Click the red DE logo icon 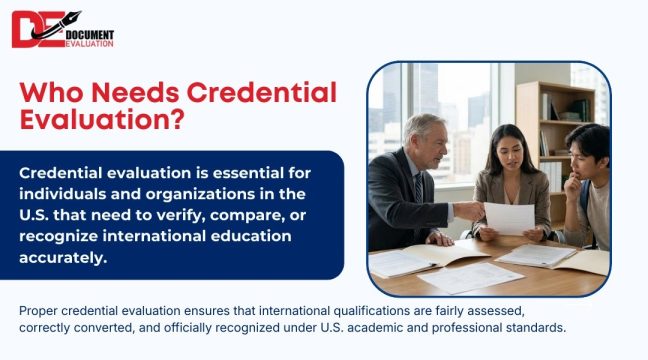pyautogui.click(x=36, y=29)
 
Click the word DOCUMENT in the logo pyautogui.click(x=89, y=33)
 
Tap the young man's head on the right pyautogui.click(x=589, y=148)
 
